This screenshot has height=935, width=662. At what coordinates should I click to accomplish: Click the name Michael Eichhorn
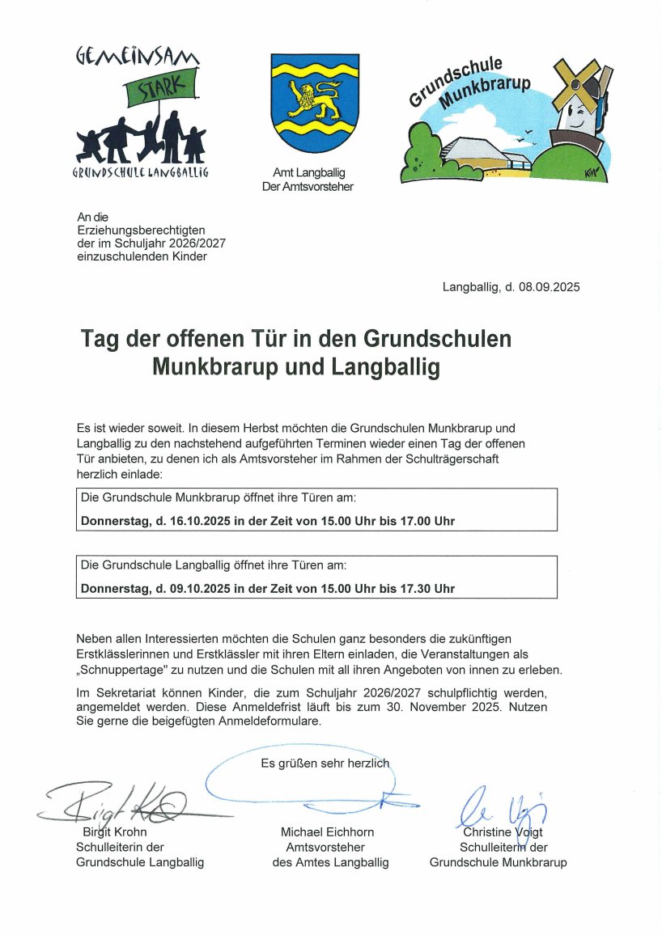tap(327, 832)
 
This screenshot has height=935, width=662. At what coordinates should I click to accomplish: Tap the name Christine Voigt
tap(503, 832)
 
